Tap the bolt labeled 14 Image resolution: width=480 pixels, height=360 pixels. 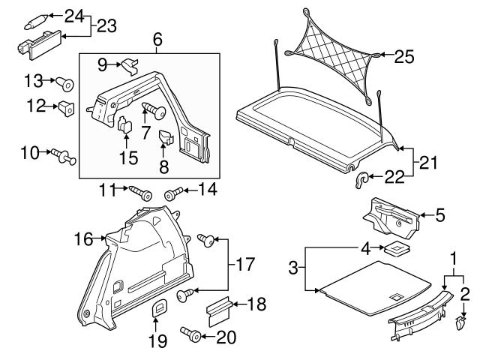[x=172, y=194]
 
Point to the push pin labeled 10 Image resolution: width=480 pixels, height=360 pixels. [x=62, y=155]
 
